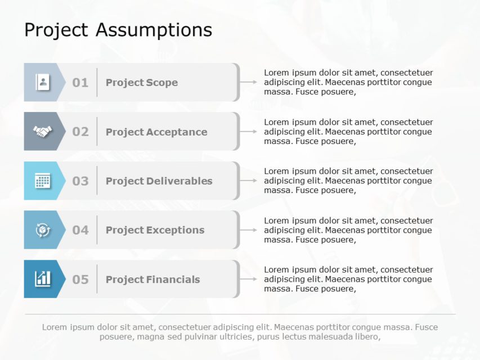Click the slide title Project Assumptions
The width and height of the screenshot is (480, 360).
click(118, 30)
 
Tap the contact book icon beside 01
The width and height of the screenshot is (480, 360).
click(42, 82)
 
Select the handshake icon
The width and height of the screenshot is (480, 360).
click(42, 132)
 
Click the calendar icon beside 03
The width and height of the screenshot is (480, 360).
click(42, 181)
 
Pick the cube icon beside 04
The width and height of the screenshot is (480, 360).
click(42, 230)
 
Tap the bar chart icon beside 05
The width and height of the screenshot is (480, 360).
click(42, 279)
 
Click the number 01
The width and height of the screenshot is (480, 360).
click(80, 83)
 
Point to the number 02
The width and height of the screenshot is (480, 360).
click(80, 132)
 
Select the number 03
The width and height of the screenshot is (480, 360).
click(80, 181)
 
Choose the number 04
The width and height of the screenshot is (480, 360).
click(80, 230)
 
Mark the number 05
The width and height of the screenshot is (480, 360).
click(80, 280)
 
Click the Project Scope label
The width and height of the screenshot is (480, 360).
click(142, 83)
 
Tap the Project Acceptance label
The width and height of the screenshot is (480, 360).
click(156, 132)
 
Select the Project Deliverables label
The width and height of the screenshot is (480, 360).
click(159, 181)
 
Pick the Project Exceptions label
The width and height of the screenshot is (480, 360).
click(155, 230)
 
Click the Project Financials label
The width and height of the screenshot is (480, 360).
click(153, 280)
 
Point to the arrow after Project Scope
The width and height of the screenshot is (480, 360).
click(249, 82)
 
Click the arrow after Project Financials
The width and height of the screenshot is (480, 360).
click(249, 279)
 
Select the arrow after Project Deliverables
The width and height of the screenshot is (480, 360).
click(249, 181)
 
